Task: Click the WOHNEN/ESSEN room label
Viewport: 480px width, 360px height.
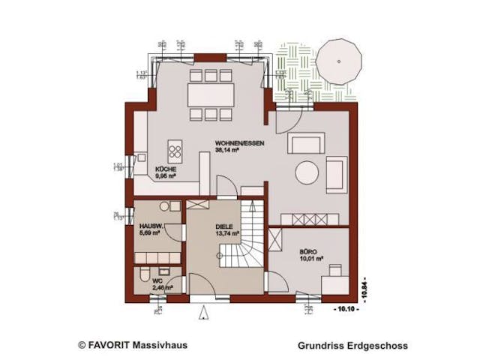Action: [233, 142]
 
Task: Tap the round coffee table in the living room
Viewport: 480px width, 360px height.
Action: [307, 172]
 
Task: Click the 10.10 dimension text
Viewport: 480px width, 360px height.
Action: [344, 309]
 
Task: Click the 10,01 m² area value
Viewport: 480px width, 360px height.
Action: [310, 260]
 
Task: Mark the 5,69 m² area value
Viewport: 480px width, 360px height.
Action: [150, 233]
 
